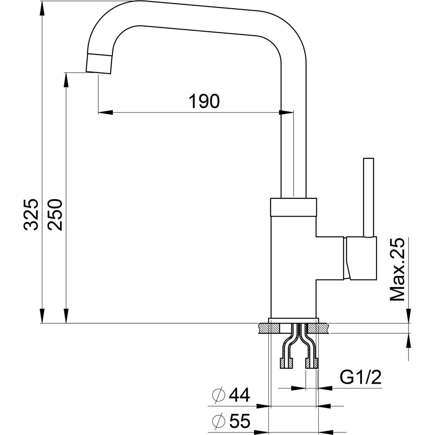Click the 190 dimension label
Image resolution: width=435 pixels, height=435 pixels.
coord(204,101)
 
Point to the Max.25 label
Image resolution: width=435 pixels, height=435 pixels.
coord(397,270)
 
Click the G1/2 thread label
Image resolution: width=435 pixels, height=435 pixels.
coord(360,378)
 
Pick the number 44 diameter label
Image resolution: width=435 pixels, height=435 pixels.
coord(239,395)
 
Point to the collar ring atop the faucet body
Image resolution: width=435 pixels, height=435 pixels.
coord(293,207)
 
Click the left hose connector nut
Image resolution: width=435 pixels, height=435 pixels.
coord(286,364)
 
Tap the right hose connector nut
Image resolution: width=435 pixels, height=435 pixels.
coord(311,364)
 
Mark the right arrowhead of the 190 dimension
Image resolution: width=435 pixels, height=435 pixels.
coord(287,113)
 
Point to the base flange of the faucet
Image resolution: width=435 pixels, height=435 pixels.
coord(293,320)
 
